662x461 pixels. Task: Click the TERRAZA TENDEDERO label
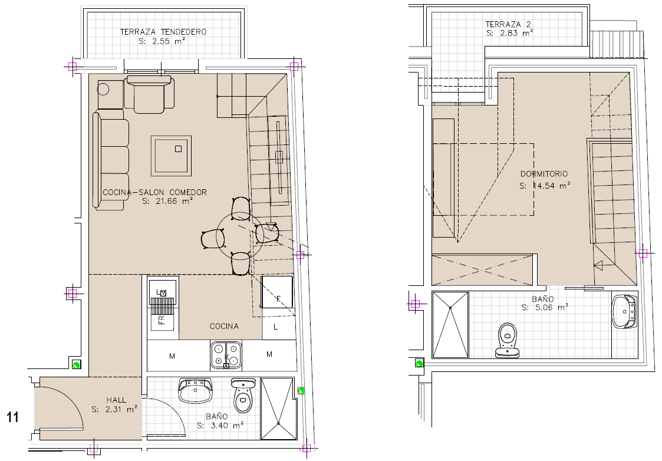163,32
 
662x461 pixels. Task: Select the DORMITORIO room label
544,173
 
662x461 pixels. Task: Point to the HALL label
116,400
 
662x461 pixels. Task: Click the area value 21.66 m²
167,202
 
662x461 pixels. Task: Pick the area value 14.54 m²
545,185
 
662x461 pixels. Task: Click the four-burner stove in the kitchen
226,355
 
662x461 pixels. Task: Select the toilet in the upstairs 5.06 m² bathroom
507,340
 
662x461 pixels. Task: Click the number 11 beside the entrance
12,417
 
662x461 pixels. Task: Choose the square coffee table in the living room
171,156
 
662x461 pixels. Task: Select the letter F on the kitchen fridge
278,299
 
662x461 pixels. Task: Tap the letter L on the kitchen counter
276,327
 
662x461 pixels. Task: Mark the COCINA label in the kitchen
224,327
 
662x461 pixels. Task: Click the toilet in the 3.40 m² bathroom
243,395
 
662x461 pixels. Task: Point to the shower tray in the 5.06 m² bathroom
450,325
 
